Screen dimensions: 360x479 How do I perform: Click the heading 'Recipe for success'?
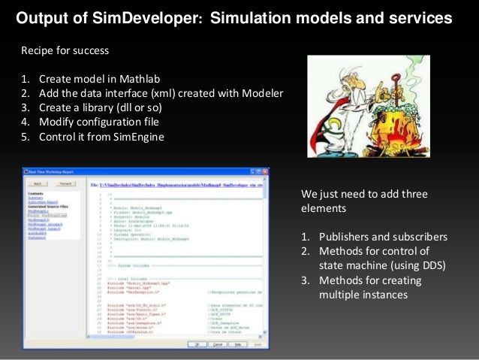[65, 51]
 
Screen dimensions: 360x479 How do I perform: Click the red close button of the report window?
[264, 171]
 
